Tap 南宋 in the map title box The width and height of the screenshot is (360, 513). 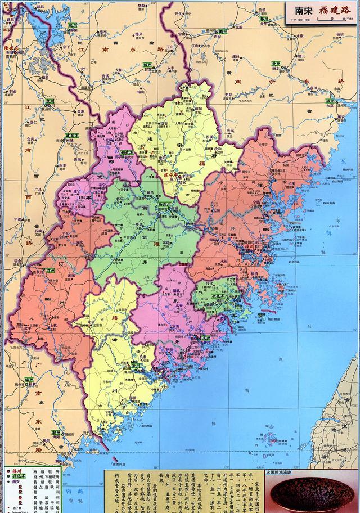pos(300,10)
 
